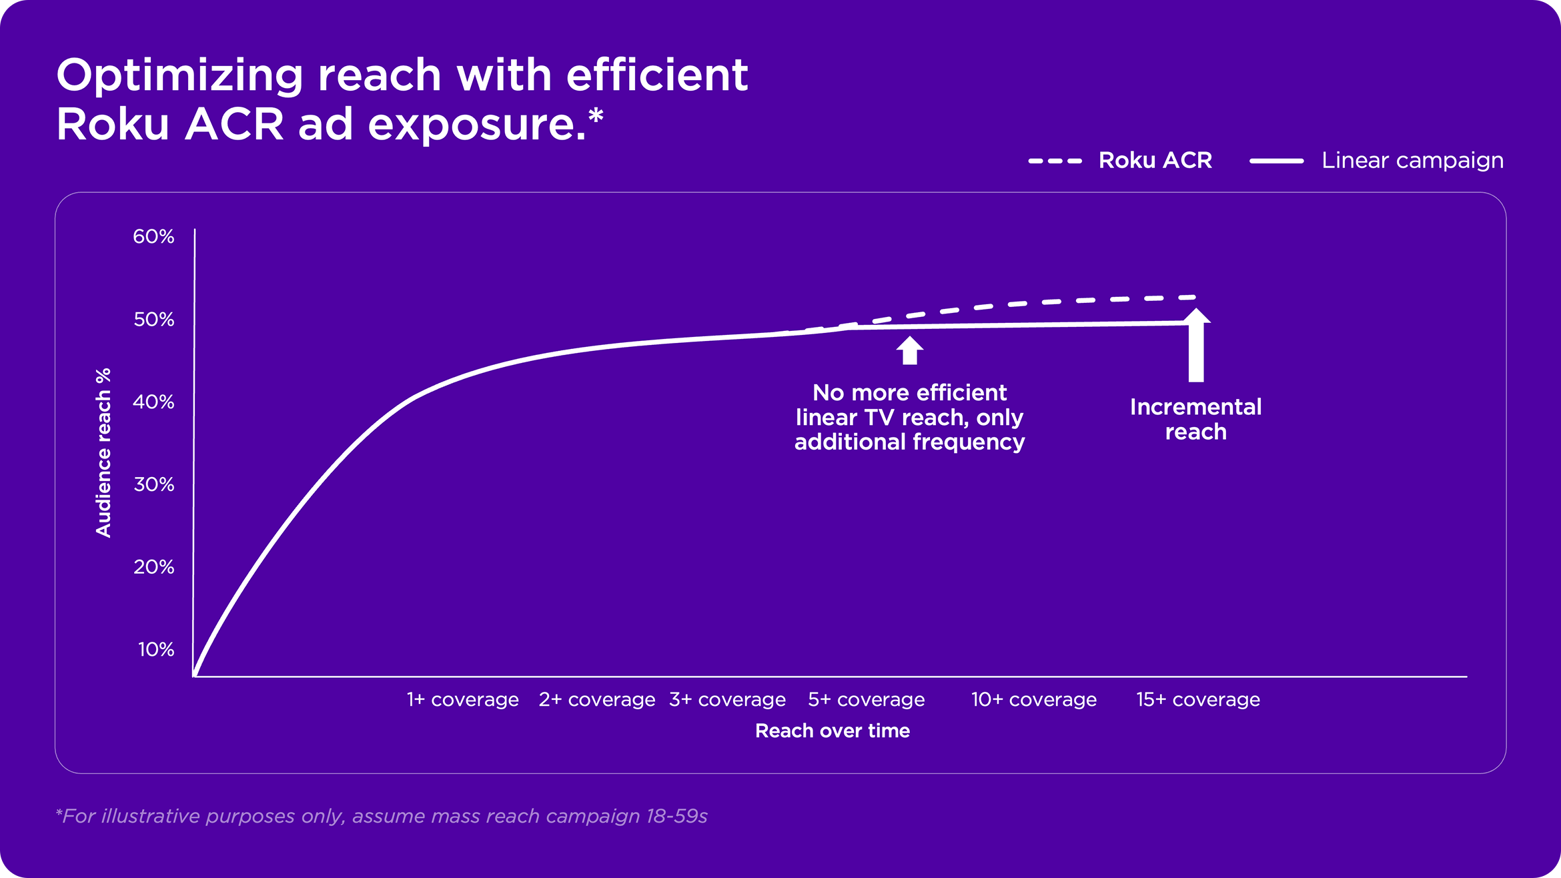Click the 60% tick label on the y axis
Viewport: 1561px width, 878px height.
pos(153,236)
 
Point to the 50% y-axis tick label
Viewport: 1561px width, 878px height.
pos(153,320)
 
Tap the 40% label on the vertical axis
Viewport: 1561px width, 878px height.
pos(153,402)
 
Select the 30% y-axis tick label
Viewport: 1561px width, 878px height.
pos(153,484)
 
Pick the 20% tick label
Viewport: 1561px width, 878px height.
pos(153,567)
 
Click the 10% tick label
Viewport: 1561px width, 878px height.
pos(156,649)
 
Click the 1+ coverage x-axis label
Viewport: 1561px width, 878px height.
pos(463,699)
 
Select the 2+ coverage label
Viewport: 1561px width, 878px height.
pos(597,699)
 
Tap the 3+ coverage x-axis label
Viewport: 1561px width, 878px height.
pos(727,699)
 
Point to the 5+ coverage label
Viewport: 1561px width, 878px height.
pos(867,699)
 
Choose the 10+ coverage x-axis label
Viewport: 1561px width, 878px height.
pos(1034,699)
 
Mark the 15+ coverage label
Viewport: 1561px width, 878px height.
pos(1198,699)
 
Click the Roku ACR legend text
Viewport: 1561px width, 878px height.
pos(1155,160)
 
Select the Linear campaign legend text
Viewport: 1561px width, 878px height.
pos(1412,160)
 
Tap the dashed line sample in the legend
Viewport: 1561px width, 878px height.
pos(1055,161)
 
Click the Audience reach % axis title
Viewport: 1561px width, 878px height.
pos(103,452)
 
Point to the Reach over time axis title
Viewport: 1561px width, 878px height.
pos(833,731)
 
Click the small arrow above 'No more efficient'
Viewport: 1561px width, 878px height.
pos(910,350)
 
